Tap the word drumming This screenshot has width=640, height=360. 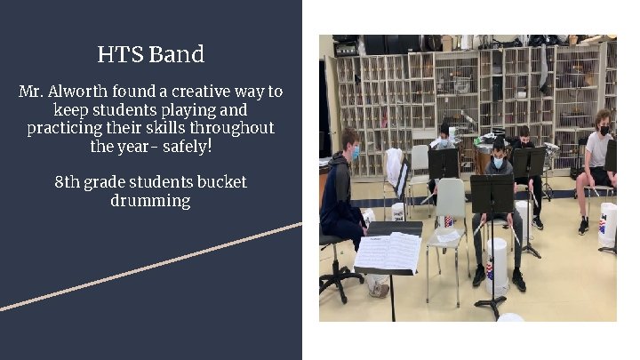150,201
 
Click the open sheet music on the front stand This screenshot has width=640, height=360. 388,251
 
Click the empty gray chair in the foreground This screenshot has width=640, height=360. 448,222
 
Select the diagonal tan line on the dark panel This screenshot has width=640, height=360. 151,266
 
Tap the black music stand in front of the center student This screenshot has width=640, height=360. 492,193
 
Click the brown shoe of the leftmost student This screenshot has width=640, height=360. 379,289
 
